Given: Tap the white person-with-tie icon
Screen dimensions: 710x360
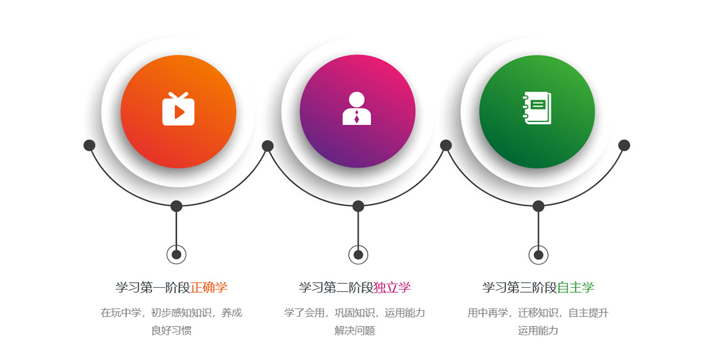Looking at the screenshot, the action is [356, 108].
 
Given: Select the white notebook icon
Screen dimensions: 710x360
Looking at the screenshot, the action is [537, 108].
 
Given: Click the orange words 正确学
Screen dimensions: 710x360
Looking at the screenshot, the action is [209, 288].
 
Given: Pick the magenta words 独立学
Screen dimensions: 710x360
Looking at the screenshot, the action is [392, 288].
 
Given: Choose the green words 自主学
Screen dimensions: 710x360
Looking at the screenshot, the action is [575, 288].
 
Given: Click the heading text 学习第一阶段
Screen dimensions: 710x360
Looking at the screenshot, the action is [152, 288].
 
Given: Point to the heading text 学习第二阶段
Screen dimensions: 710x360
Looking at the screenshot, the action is [336, 288].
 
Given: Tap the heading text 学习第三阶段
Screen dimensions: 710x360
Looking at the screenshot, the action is [519, 288].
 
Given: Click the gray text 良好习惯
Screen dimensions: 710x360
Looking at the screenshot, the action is [172, 331].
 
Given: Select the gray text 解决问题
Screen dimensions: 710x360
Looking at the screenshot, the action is [355, 331].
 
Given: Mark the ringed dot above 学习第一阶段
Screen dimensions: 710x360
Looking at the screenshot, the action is [177, 254].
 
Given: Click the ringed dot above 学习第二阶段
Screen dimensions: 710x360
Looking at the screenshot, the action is [358, 254].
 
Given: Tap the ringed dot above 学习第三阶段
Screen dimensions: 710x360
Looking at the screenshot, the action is [538, 254].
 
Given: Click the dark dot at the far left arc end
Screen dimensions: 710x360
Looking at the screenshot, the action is [90, 145].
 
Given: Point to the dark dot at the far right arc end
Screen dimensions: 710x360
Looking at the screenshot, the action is [624, 145].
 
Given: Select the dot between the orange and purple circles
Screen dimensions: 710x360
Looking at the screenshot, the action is [268, 146].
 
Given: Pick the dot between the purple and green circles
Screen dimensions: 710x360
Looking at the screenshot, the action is [446, 145].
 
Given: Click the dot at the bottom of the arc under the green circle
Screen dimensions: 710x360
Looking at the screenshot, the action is [538, 206].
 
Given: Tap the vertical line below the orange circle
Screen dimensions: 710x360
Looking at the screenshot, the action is [177, 229].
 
